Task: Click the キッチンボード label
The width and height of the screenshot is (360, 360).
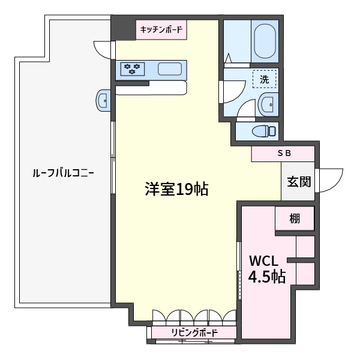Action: tap(161, 29)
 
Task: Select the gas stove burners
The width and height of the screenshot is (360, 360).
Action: tap(133, 68)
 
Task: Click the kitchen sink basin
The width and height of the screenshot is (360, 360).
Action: tap(170, 68)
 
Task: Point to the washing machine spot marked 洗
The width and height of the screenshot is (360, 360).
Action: tap(264, 79)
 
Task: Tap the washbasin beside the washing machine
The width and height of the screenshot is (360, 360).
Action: tap(268, 104)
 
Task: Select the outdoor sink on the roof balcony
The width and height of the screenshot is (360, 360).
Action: tap(103, 101)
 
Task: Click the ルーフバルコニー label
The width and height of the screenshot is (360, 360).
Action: tap(63, 173)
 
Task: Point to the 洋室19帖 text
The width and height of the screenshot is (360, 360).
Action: tap(176, 189)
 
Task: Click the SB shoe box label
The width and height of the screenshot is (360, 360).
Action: tap(284, 153)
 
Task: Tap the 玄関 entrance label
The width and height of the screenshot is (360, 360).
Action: tap(299, 182)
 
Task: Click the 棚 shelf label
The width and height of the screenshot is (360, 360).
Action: tap(295, 218)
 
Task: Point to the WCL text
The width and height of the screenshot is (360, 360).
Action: tap(263, 261)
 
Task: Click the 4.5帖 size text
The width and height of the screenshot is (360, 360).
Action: tap(267, 277)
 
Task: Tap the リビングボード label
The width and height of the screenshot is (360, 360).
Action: tap(194, 332)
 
